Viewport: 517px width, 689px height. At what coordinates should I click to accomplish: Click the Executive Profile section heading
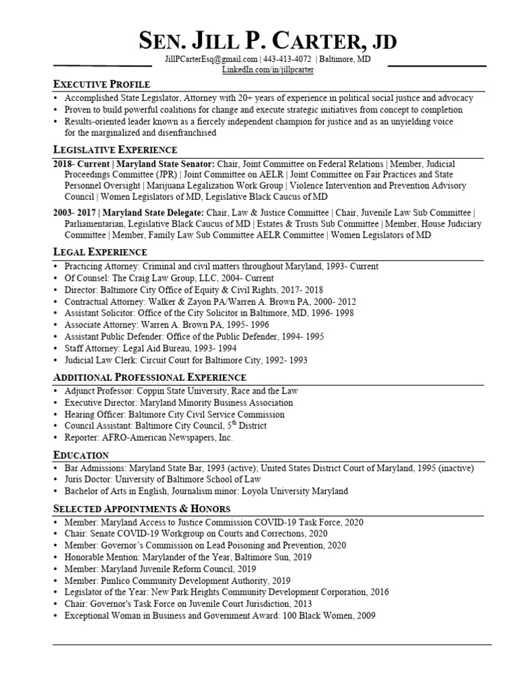(x=102, y=84)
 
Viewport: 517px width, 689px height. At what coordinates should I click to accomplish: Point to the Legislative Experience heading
(x=115, y=149)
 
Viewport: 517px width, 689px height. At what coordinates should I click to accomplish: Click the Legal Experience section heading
(x=100, y=252)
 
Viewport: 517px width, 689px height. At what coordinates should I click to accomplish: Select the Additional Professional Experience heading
(x=149, y=377)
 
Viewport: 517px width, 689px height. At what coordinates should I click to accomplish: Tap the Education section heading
(x=81, y=455)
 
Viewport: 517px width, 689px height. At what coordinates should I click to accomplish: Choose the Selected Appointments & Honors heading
(x=141, y=508)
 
